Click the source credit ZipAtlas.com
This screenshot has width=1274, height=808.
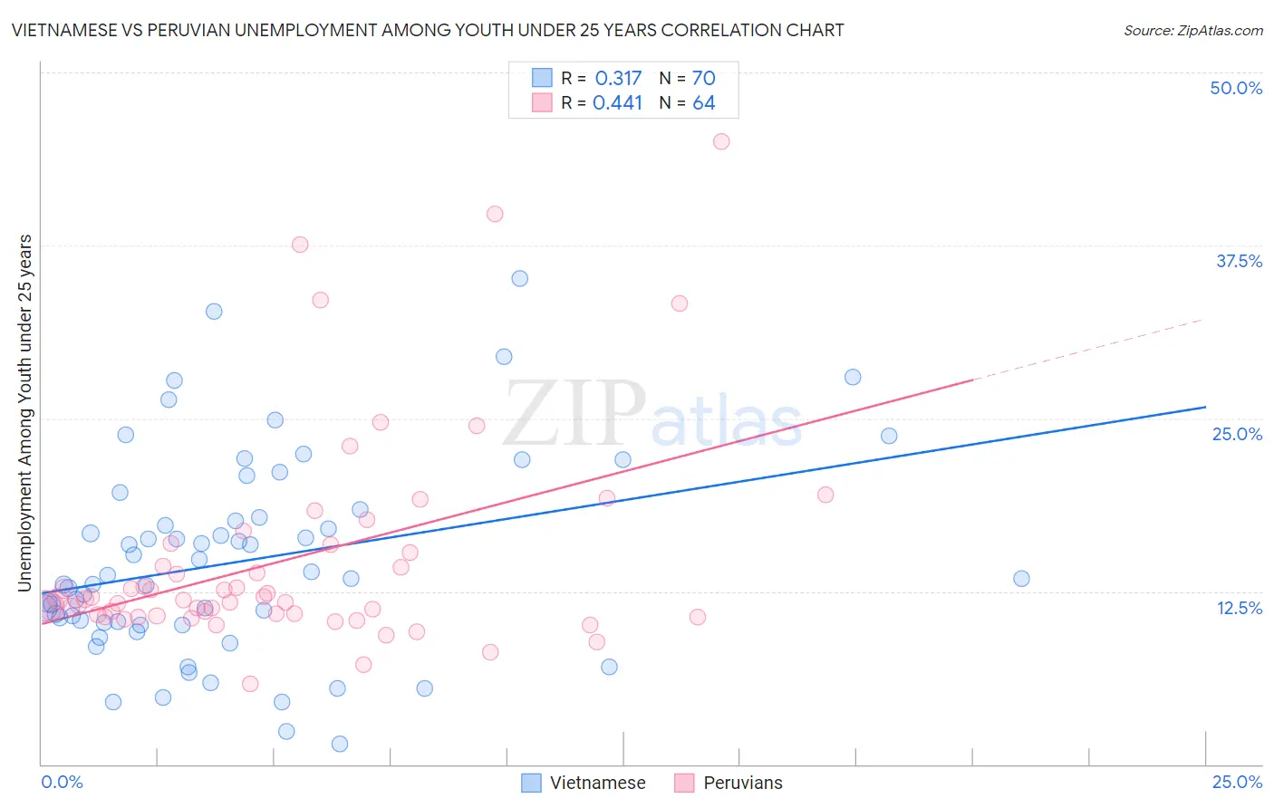coord(1192,30)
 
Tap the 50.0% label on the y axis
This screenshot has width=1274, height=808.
coord(1236,88)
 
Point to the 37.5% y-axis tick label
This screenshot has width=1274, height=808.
coord(1239,261)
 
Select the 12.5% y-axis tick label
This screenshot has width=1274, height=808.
coord(1239,608)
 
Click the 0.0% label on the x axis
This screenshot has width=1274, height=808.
coord(62,782)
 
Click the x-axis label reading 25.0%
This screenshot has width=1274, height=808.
coord(1237,782)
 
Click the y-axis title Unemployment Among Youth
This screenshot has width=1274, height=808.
coord(25,413)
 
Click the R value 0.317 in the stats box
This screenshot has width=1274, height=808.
coord(618,79)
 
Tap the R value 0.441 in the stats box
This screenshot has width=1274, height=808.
coord(617,103)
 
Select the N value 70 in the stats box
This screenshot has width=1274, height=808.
coord(704,79)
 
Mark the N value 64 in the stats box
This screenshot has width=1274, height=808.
coord(704,103)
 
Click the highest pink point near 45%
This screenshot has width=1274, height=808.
coord(721,141)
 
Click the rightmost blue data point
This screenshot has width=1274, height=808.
coord(1021,579)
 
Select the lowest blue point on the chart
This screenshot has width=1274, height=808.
coord(340,744)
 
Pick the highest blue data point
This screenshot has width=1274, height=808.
coord(519,279)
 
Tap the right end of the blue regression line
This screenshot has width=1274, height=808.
coord(1205,407)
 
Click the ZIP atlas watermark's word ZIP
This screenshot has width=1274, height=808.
coord(574,413)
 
